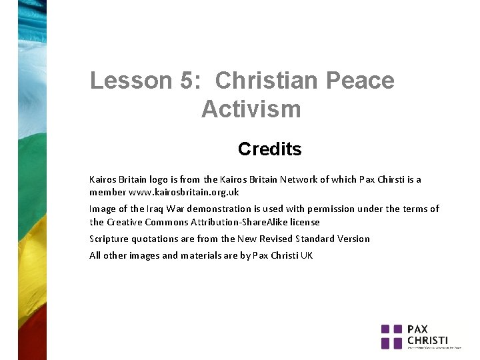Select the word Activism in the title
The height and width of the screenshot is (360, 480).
[x=251, y=108]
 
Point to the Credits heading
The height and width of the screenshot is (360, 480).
[x=269, y=149]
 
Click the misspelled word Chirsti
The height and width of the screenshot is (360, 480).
[x=397, y=179]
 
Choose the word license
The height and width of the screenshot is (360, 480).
[x=305, y=222]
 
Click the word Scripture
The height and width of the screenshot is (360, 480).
[x=110, y=239]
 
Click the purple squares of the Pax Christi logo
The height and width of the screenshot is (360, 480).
[x=392, y=336]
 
